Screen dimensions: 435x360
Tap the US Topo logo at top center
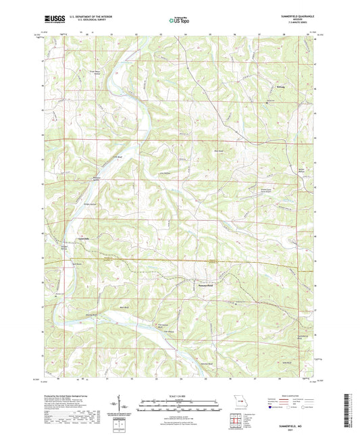pyautogui.click(x=179, y=21)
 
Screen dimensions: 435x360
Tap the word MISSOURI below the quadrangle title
pyautogui.click(x=301, y=21)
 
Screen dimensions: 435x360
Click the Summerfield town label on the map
pyautogui.click(x=210, y=285)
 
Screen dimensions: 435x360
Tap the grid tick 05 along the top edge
pyautogui.click(x=209, y=34)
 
